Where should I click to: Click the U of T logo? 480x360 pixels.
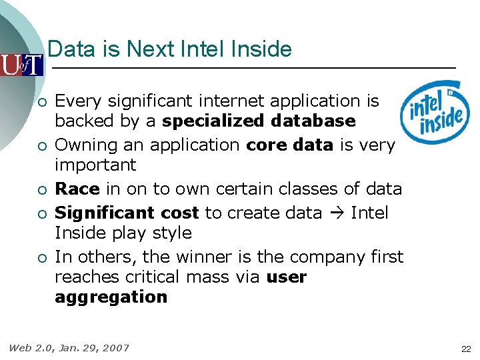tap(21, 65)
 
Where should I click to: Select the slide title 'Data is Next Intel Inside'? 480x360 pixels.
tap(170, 49)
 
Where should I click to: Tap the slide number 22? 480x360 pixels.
tap(466, 349)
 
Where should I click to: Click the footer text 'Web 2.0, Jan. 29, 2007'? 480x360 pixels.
tap(69, 348)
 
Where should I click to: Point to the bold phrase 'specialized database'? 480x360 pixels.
tap(259, 121)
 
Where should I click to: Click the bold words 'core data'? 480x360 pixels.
tap(289, 145)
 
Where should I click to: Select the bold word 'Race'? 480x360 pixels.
tap(77, 189)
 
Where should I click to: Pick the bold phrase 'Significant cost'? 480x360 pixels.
tap(127, 213)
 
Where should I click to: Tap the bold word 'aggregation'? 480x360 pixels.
tap(111, 297)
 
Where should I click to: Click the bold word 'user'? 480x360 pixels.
tap(286, 277)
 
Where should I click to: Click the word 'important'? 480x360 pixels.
tap(95, 165)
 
